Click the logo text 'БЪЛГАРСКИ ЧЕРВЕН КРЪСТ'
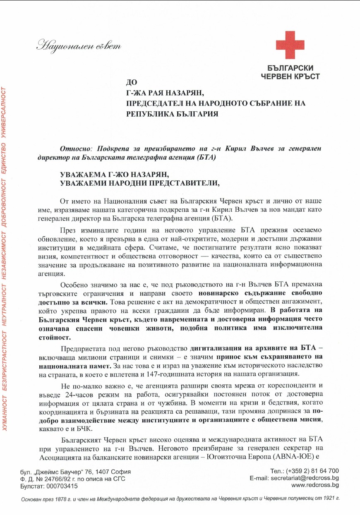(290, 72)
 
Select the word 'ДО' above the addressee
(132, 83)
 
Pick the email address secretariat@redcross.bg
(304, 478)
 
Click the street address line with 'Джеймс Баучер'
(76, 472)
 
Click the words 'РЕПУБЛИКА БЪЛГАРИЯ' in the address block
(172, 113)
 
